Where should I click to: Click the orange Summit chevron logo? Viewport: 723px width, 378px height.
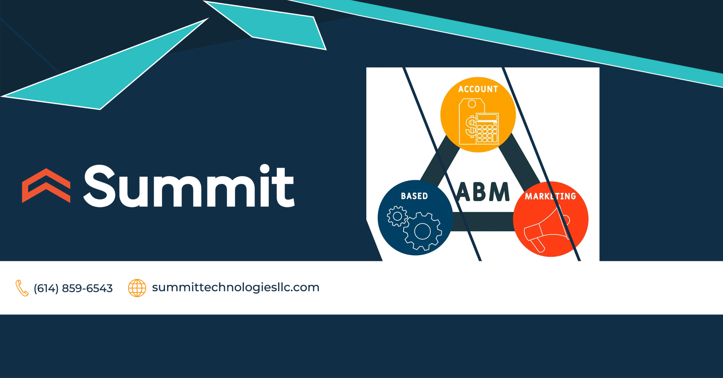pos(46,185)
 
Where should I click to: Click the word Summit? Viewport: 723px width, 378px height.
pos(189,186)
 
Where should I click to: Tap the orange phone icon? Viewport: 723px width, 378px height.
pos(22,288)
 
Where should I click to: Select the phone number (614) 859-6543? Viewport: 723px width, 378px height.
pos(73,288)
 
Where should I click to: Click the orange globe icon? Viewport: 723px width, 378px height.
pos(137,288)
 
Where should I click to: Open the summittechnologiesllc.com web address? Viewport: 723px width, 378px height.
pos(236,287)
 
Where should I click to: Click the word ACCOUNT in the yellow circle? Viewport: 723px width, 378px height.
pos(478,89)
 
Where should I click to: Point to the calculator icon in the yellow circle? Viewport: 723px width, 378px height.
pos(487,128)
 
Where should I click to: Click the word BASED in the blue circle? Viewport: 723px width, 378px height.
pos(414,196)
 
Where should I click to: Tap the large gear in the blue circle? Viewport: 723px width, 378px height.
pos(422,231)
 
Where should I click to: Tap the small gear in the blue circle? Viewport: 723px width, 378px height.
pos(397,216)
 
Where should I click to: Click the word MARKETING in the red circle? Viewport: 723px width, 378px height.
pos(550,196)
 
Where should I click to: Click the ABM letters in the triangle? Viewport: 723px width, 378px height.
pos(483,192)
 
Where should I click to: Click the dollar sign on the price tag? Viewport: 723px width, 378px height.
pos(471,126)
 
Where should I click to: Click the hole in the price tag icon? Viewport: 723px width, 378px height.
pos(472,104)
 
